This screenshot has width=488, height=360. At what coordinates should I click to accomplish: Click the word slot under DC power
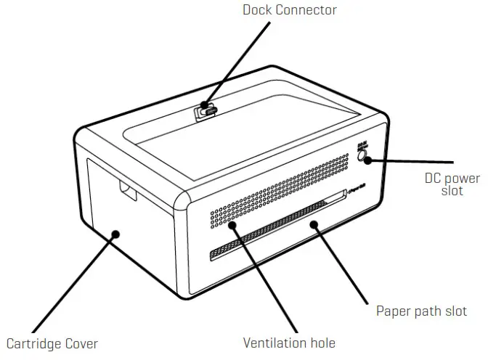[x=452, y=192]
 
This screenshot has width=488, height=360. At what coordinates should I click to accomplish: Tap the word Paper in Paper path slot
[x=394, y=311]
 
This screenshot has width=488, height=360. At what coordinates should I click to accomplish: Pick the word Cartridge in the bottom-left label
[x=35, y=343]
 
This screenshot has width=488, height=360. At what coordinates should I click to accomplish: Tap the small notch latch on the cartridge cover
[x=128, y=193]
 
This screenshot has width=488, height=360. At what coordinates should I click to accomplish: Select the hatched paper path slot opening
[x=276, y=225]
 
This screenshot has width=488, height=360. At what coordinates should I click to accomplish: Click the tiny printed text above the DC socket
[x=362, y=147]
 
